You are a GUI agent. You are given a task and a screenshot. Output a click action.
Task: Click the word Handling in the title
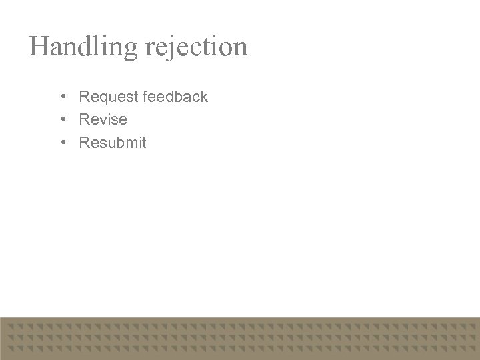pos(83,47)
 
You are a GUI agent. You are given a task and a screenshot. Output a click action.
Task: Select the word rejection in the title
pos(195,47)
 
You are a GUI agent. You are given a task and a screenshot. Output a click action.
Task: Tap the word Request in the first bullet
pos(108,97)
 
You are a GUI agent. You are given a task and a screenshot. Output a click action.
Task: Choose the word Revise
pos(103,120)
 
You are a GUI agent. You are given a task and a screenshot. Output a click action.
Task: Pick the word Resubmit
pos(113,143)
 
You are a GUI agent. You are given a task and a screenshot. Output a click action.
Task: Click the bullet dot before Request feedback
pos(61,97)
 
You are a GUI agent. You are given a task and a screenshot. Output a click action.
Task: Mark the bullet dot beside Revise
pos(61,120)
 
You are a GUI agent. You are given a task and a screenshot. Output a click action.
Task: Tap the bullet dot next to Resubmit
pos(61,143)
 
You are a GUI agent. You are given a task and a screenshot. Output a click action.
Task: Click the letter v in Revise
pos(103,120)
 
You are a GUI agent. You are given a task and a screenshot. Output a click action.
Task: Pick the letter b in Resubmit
pos(117,143)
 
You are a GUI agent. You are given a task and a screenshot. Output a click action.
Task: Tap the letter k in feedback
pos(204,97)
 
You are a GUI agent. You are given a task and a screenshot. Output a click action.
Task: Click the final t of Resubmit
pos(143,143)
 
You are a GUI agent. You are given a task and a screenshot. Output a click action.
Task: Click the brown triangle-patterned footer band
pos(240,338)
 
